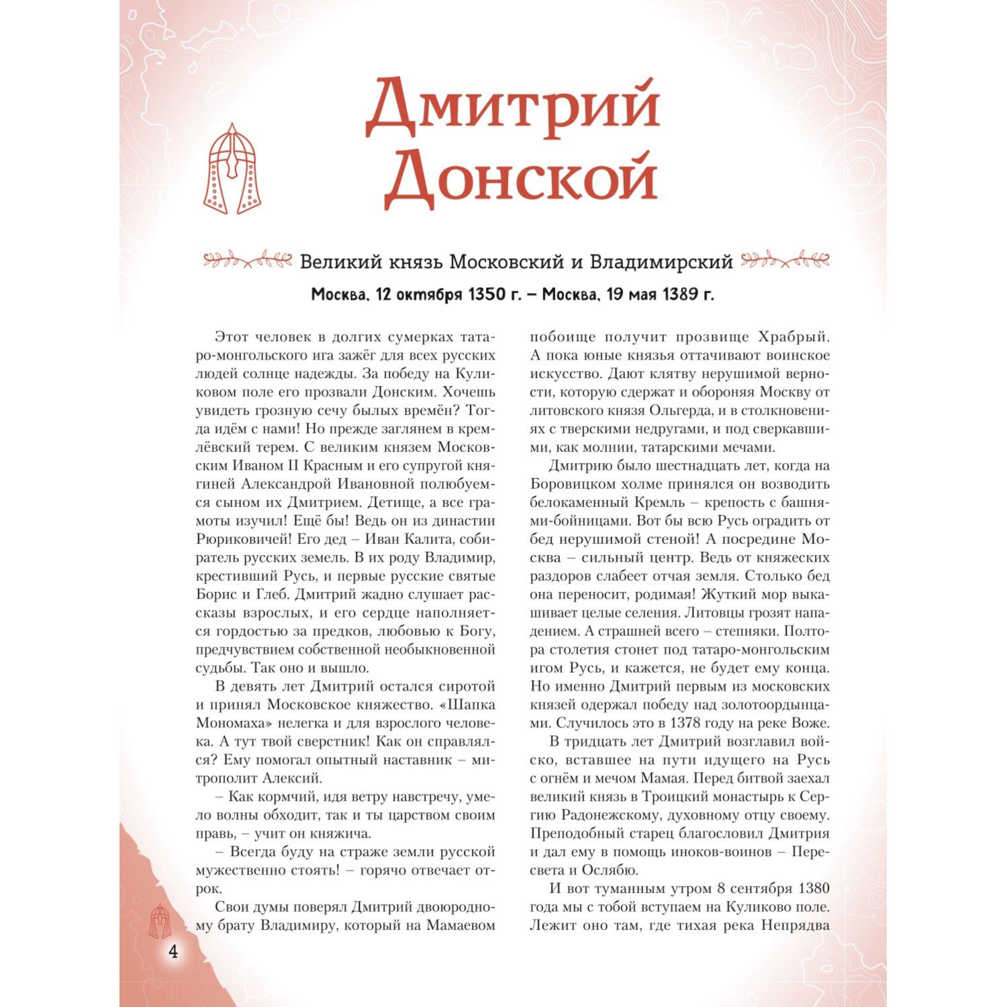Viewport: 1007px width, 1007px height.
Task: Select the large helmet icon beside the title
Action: tap(232, 169)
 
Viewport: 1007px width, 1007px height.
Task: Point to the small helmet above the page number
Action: tap(160, 920)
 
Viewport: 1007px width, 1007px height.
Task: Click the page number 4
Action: tap(173, 951)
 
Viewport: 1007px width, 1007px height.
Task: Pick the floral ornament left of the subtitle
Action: tap(248, 259)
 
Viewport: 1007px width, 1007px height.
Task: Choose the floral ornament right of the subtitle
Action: tap(785, 259)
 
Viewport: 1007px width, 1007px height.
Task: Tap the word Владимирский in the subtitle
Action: tap(661, 262)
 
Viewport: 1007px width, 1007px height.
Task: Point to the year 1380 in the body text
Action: tap(811, 888)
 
